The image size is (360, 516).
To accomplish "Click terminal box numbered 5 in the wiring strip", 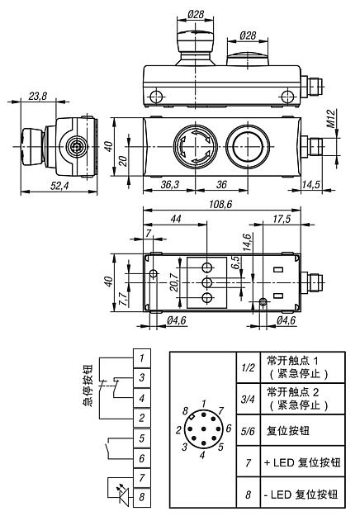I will [x=143, y=438].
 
